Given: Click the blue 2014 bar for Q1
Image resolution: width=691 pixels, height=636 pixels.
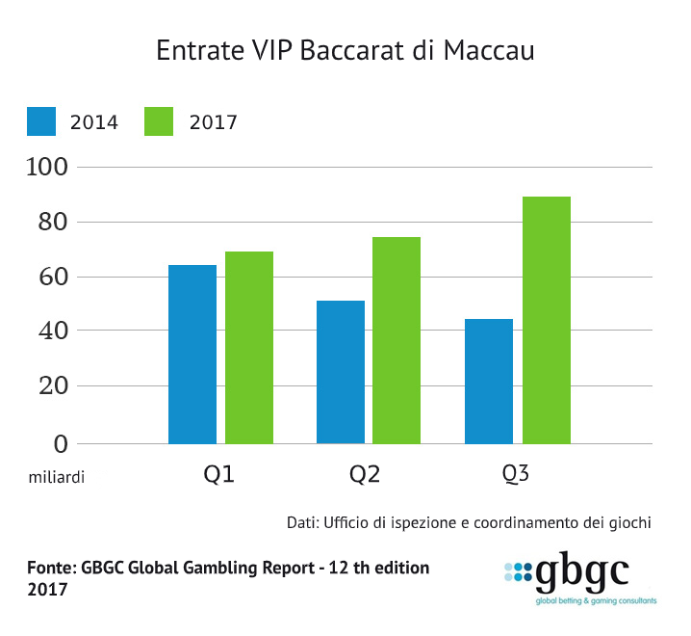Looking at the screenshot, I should tap(192, 354).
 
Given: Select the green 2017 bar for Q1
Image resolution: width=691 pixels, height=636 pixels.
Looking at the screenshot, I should tap(249, 347).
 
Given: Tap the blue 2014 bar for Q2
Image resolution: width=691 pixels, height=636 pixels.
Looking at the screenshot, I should tap(341, 372).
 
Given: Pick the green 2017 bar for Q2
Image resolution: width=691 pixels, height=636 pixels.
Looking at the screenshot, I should tap(397, 340).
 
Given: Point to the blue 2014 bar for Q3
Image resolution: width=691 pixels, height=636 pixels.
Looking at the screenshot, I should tap(489, 381).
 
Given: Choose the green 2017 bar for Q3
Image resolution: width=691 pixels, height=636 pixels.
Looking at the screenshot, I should tap(546, 320).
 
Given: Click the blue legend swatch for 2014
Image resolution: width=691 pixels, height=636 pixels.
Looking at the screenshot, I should tap(42, 121).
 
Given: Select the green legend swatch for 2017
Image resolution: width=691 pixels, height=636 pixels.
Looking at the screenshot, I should tap(159, 121).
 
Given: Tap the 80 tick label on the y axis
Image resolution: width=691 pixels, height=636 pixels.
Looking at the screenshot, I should tap(46, 223).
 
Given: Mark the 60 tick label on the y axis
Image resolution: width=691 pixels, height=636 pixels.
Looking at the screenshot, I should tap(46, 278).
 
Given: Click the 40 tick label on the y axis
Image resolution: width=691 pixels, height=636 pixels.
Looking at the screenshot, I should tap(46, 331).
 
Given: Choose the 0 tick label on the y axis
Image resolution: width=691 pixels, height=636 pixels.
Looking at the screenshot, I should tap(60, 443).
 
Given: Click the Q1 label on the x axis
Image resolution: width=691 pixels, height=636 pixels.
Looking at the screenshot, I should tap(218, 475).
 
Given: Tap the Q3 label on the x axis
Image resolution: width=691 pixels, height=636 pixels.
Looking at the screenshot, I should tap(516, 475).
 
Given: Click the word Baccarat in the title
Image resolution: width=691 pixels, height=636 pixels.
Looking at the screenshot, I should tap(350, 51).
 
